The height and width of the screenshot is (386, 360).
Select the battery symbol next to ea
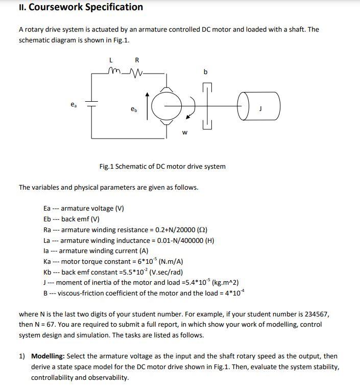click(x=92, y=104)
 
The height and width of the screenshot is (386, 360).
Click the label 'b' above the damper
click(x=205, y=73)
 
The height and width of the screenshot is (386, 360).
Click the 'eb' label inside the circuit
click(x=134, y=109)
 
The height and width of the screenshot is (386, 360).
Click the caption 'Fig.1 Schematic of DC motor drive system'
click(x=162, y=166)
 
